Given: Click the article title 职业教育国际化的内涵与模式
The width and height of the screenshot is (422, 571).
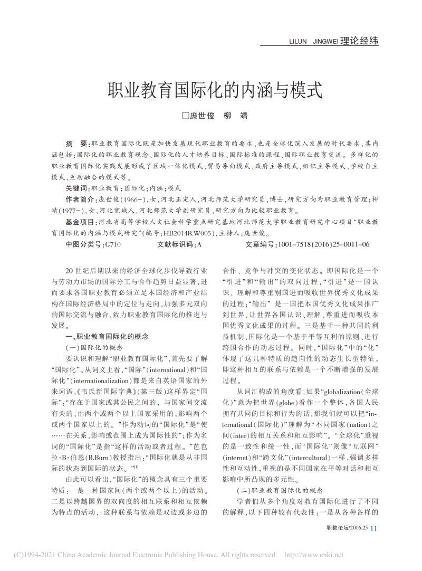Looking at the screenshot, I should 210,90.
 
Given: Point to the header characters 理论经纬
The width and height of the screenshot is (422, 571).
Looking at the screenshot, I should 360,41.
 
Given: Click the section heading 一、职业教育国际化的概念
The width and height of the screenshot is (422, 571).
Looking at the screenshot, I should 107,336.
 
